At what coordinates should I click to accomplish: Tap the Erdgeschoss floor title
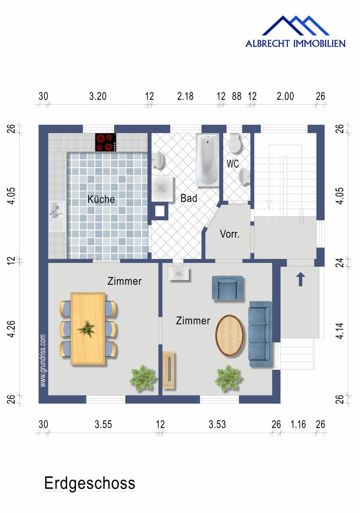(90, 484)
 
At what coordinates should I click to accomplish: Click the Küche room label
(101, 199)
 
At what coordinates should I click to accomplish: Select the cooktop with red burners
(106, 142)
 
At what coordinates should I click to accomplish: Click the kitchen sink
(56, 216)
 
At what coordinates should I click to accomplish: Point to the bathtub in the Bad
(208, 160)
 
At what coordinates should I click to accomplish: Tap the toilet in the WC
(234, 143)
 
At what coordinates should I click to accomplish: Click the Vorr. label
(230, 234)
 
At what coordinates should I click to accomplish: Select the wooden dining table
(88, 328)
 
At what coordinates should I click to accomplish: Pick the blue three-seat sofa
(260, 334)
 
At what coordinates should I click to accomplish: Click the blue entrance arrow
(301, 279)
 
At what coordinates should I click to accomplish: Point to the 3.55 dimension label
(103, 425)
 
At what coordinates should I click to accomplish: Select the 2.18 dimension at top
(185, 96)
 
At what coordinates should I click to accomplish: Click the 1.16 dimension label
(298, 425)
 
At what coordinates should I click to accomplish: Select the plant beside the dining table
(142, 377)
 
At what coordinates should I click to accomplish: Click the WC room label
(233, 164)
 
